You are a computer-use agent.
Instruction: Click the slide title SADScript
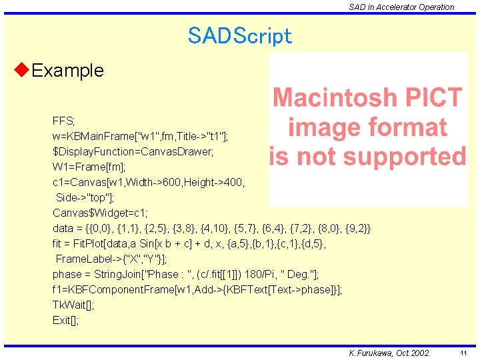click(239, 35)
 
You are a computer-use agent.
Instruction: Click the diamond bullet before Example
click(21, 70)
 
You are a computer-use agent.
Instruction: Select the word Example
click(67, 71)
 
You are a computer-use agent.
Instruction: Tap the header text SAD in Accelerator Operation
click(401, 7)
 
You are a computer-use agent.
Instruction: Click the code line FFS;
click(64, 121)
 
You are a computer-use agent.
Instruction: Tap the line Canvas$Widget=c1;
click(100, 213)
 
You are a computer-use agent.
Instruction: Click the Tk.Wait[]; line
click(73, 305)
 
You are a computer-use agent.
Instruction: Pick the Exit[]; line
click(65, 320)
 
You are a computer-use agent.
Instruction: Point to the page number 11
click(463, 353)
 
